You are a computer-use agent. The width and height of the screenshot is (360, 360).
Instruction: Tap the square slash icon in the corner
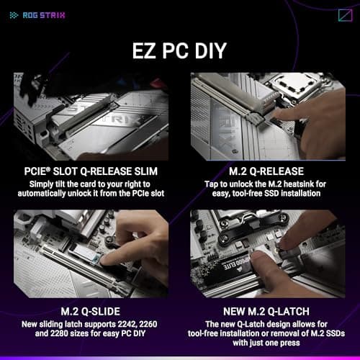pos(344,15)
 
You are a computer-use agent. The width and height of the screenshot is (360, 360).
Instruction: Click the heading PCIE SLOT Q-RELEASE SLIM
pos(91,171)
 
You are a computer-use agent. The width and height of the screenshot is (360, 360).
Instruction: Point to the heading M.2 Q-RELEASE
pos(268,171)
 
